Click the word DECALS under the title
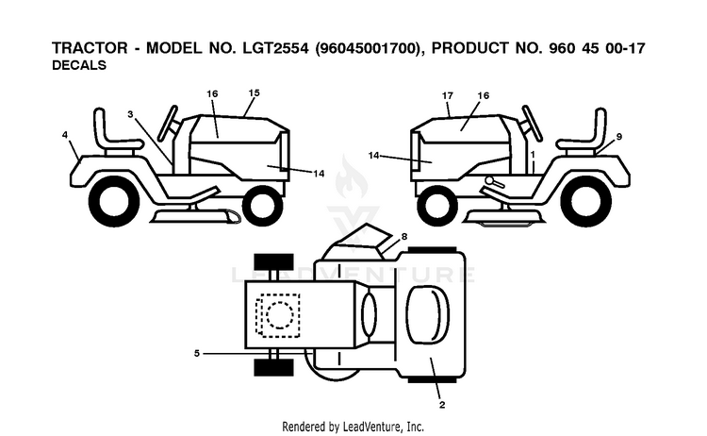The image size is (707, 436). coord(79,65)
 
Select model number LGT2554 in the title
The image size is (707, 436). coord(276,48)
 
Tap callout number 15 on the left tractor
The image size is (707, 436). coord(254,93)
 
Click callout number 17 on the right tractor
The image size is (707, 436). coord(447,95)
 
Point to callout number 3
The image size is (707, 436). coord(130,114)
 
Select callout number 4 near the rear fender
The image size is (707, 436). coord(65,135)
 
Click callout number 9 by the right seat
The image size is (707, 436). coord(619,136)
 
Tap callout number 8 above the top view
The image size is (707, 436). coord(404,237)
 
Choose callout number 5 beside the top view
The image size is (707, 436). coord(197,353)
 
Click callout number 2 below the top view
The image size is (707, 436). coord(442,405)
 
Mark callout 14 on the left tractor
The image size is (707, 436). coord(319,174)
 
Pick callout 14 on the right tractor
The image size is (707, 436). coord(374,156)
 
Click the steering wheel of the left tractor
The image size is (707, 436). coord(168,123)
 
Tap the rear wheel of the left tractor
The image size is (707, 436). coord(114,201)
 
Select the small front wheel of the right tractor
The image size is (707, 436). coord(437,206)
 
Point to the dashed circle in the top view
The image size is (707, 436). coord(280,314)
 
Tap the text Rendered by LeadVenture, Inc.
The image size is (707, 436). coord(353,427)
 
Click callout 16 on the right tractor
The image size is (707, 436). coord(483,95)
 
